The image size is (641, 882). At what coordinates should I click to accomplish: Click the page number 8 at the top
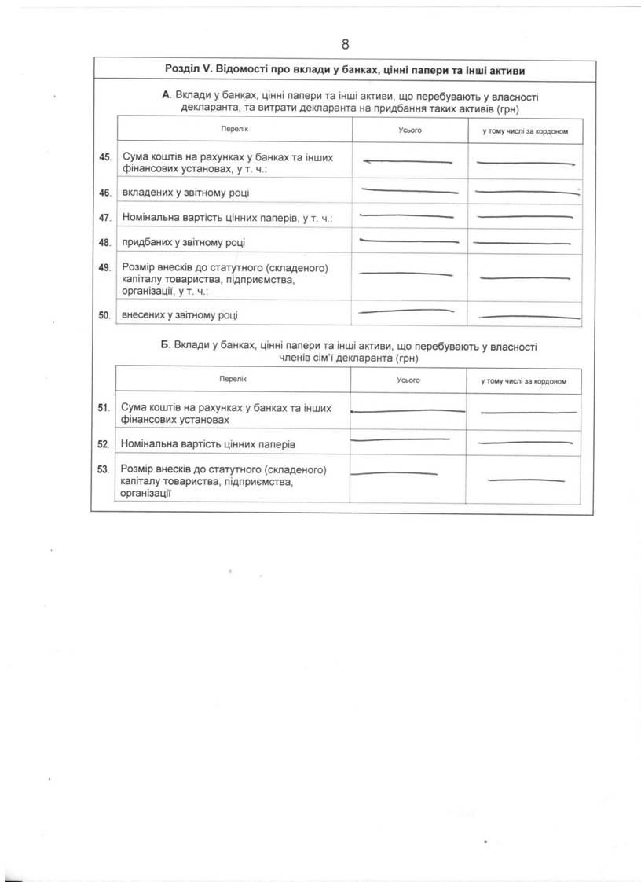point(345,44)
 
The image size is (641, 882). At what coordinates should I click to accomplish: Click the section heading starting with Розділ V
point(345,70)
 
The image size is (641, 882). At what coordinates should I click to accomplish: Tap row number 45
point(104,157)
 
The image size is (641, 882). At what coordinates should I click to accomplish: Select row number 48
point(104,243)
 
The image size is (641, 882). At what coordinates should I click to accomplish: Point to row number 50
point(104,315)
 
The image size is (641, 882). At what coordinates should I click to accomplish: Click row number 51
point(103,408)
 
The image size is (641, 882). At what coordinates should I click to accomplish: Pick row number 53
point(103,470)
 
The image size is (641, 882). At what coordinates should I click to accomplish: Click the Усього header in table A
point(410,130)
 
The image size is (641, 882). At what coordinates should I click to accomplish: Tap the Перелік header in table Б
point(233,379)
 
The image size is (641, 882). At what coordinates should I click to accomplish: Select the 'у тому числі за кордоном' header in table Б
point(524,381)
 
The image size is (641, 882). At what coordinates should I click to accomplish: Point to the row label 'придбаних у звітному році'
point(189,243)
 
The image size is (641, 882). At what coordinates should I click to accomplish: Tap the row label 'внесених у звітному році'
point(180,315)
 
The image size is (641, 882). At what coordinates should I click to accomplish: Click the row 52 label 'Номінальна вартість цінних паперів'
point(208,444)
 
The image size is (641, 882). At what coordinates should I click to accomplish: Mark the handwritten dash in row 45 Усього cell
point(408,162)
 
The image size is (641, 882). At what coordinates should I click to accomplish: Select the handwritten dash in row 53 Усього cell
point(393,472)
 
